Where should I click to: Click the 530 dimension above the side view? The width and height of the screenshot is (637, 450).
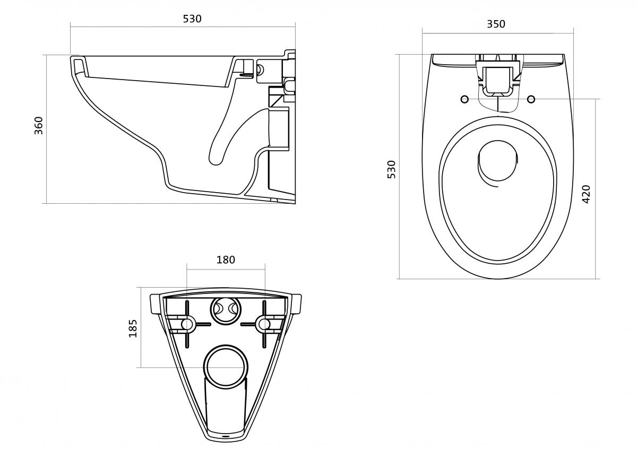pos(192,19)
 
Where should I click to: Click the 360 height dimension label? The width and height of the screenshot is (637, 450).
pos(39,125)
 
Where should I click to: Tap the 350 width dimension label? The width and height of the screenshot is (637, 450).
pos(496,24)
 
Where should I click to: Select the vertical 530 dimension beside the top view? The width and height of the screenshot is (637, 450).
pos(392,169)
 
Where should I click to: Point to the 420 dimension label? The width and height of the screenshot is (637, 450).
pos(586,194)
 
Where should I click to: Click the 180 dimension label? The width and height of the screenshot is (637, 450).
pos(226,259)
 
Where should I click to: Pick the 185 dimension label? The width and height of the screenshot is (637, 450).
pos(133,328)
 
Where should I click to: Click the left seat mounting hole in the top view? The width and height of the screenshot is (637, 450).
pos(464,99)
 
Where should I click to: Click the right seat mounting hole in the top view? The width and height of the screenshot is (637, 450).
pos(532,99)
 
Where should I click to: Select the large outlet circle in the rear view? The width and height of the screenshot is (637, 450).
pos(226,367)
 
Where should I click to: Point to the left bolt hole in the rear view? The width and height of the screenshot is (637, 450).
pos(187,324)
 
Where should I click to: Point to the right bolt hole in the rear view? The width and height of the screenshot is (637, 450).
pos(263,324)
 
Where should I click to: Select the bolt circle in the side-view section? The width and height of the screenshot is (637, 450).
pos(260,68)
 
